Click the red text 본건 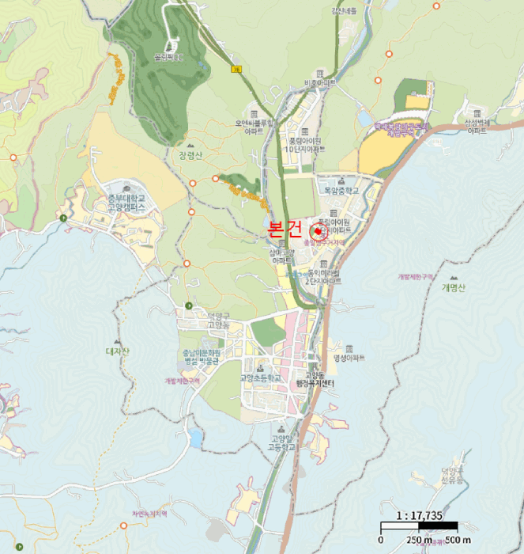[x=285, y=230]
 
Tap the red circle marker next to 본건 [x=319, y=231]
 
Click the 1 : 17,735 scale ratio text [x=419, y=515]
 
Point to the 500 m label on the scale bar [x=456, y=540]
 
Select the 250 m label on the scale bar [x=419, y=540]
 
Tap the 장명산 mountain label [x=190, y=155]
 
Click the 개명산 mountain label [x=454, y=288]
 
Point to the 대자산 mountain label [x=116, y=350]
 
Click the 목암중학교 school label [x=341, y=191]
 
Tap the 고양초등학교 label [x=261, y=378]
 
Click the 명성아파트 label [x=349, y=358]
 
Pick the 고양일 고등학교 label [x=281, y=442]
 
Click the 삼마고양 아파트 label [x=282, y=256]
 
